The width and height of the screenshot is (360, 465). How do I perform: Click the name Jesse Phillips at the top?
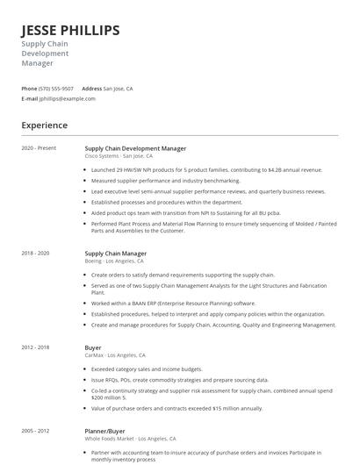(x=70, y=31)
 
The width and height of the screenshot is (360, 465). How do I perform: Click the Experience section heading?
(x=44, y=125)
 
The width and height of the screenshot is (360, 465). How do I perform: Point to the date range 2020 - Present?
(x=39, y=148)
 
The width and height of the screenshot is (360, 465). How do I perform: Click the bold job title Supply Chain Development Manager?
(x=135, y=148)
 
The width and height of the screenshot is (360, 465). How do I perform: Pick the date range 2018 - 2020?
(x=35, y=253)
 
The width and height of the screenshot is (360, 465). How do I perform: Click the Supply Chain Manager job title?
(x=115, y=253)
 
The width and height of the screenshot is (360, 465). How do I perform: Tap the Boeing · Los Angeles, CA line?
(x=114, y=261)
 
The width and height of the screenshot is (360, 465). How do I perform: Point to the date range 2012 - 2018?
(x=35, y=347)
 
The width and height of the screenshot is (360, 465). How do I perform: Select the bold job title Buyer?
(x=92, y=347)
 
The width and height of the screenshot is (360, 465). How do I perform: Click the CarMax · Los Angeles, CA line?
(x=115, y=355)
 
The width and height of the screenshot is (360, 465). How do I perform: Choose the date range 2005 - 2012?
(x=35, y=431)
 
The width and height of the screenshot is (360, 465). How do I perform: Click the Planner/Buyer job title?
(x=105, y=431)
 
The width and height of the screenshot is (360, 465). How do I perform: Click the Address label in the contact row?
(x=91, y=89)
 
